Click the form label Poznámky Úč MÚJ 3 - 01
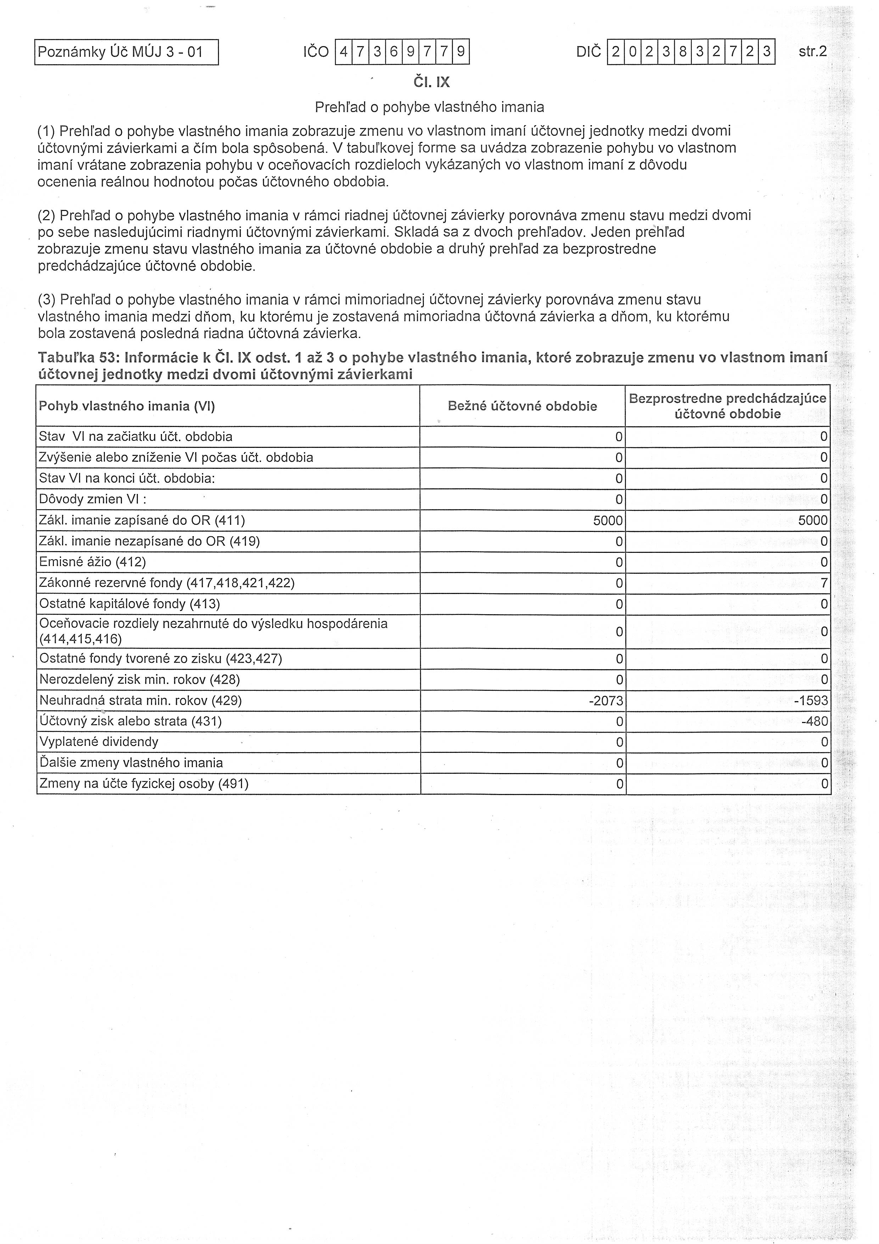120,52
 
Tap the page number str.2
812,51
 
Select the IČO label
316,52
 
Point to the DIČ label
589,52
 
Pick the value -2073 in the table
606,701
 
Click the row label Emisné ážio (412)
93,562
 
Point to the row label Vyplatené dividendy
99,742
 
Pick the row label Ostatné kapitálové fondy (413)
129,604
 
